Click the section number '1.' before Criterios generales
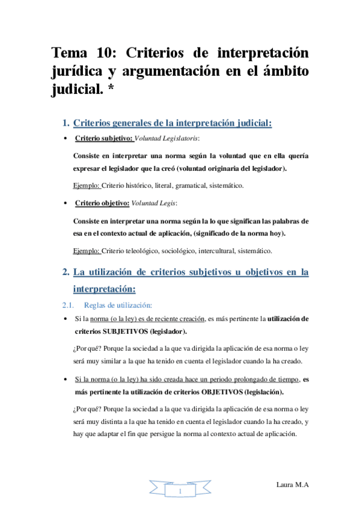click(66, 124)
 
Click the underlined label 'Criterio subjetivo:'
click(104, 139)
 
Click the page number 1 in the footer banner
click(180, 492)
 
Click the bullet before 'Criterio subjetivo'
click(66, 139)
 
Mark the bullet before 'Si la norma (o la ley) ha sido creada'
click(66, 380)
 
